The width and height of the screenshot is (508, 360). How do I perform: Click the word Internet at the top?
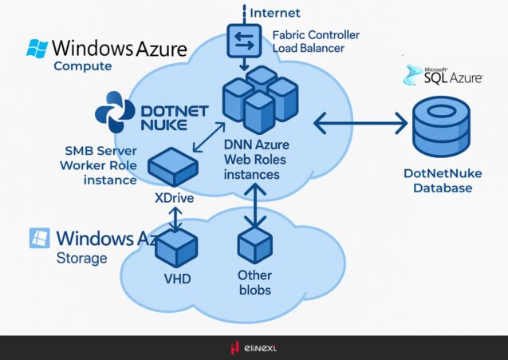point(275,13)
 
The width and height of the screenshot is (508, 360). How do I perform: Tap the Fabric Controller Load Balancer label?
point(315,42)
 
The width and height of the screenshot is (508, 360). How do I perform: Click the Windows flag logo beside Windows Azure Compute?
point(37,49)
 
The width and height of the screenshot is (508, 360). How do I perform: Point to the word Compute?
point(82,66)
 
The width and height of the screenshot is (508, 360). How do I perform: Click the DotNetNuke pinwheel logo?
point(115,112)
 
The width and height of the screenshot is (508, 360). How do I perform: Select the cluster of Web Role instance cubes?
point(259,99)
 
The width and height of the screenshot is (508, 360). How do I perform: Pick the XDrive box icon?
point(175,166)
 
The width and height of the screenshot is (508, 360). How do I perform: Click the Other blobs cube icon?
point(255,244)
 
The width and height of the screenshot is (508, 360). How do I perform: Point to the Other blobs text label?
point(254,283)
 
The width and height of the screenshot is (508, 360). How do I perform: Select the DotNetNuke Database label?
point(437,180)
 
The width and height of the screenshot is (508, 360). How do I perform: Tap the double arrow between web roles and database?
point(360,123)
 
